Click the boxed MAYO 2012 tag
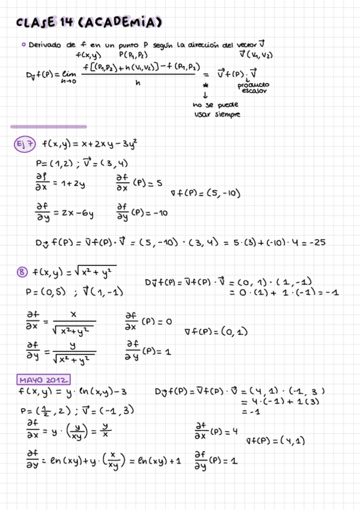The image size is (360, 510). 43,380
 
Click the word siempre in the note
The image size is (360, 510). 227,114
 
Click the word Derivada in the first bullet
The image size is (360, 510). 46,45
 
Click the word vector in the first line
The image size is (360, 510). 243,45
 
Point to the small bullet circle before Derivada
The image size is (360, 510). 23,45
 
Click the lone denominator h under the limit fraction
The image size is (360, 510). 138,84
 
